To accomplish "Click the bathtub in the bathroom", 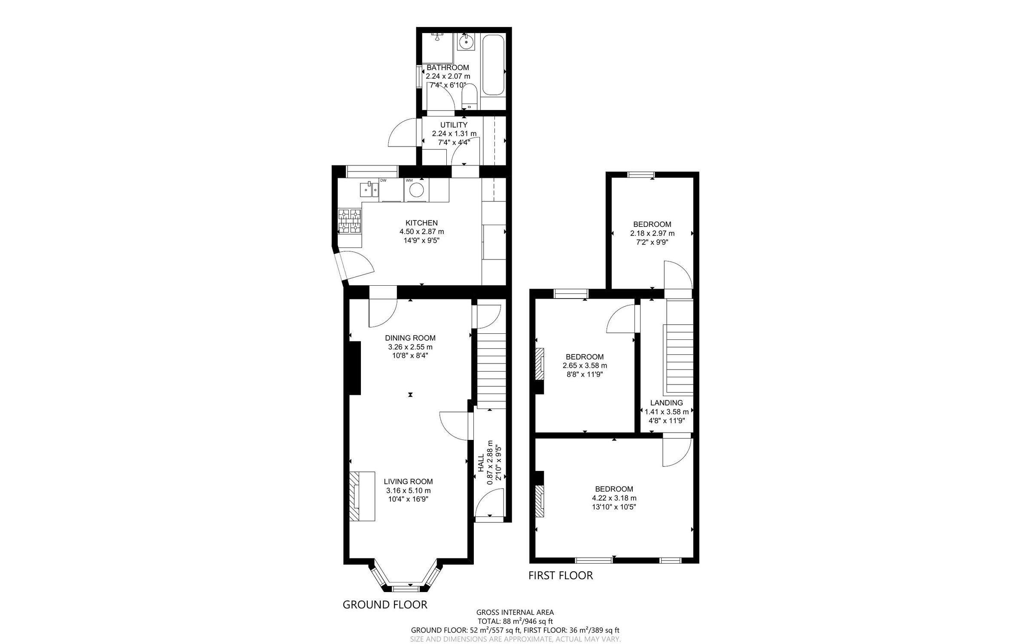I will pos(493,65).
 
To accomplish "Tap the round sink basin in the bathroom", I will pos(465,43).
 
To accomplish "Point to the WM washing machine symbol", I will pos(416,189).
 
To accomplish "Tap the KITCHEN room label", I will pos(421,223).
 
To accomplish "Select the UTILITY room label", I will pos(454,125).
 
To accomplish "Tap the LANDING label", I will pos(666,403).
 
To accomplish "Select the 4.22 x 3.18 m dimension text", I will pos(614,498).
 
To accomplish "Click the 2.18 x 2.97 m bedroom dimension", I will pos(652,233).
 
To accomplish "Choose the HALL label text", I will pos(481,464).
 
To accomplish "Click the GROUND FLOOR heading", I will pos(384,604).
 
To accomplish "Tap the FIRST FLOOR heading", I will pos(560,575).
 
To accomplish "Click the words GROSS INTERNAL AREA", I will pos(515,612).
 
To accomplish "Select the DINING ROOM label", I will pos(410,338).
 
